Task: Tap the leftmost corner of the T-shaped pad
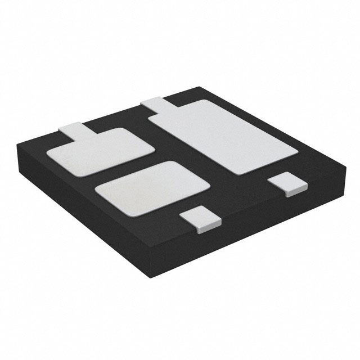pyautogui.click(x=48, y=154)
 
